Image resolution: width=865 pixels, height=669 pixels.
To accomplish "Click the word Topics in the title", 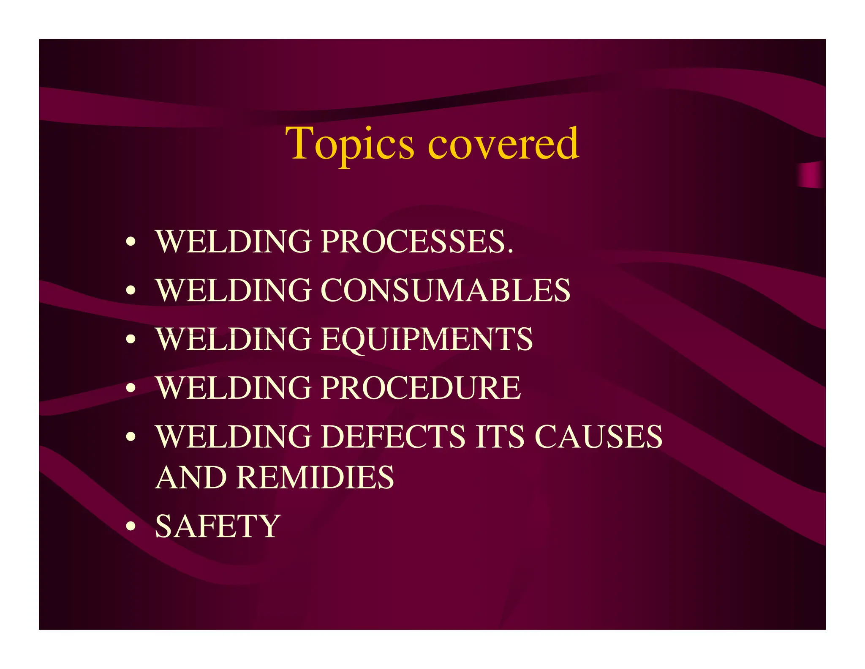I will click(x=350, y=145).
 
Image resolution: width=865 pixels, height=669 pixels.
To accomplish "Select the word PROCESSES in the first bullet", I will click(x=413, y=241).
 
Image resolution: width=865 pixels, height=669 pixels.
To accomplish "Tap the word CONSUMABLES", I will click(x=446, y=291).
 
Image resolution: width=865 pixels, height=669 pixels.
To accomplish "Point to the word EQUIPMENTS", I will click(x=427, y=340).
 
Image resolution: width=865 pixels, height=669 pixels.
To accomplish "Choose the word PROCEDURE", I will click(x=421, y=388).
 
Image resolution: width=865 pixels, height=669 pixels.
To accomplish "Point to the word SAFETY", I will click(x=218, y=526).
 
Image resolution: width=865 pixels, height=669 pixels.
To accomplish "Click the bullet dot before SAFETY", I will click(x=131, y=527).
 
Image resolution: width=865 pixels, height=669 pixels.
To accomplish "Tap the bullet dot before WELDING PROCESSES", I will click(x=131, y=242).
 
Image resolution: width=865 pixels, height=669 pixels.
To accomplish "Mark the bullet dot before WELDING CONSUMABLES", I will click(x=131, y=291).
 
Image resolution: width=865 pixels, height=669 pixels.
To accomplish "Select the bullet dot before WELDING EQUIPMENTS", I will click(x=131, y=340).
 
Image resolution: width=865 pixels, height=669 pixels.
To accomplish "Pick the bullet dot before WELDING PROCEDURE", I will click(x=131, y=388).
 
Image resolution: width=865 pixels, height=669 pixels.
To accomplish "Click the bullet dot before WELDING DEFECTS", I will click(x=131, y=437).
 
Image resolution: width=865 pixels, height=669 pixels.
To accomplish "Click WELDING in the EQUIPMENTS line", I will click(x=234, y=340).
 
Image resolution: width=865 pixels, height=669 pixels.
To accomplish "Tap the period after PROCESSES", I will click(x=510, y=252).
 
